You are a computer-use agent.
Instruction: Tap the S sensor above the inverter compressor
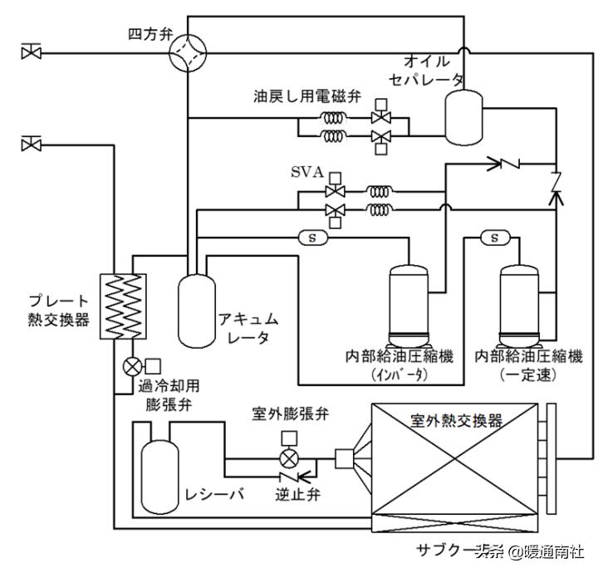click(313, 238)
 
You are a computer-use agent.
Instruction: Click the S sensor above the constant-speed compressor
click(495, 238)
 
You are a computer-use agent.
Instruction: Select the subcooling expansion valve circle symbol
click(131, 365)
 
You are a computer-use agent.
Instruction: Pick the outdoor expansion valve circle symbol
click(289, 458)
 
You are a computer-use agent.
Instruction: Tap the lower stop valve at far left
click(31, 144)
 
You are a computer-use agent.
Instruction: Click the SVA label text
click(307, 172)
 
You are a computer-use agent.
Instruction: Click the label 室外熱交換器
click(457, 421)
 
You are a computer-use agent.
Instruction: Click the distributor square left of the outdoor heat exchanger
click(345, 457)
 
